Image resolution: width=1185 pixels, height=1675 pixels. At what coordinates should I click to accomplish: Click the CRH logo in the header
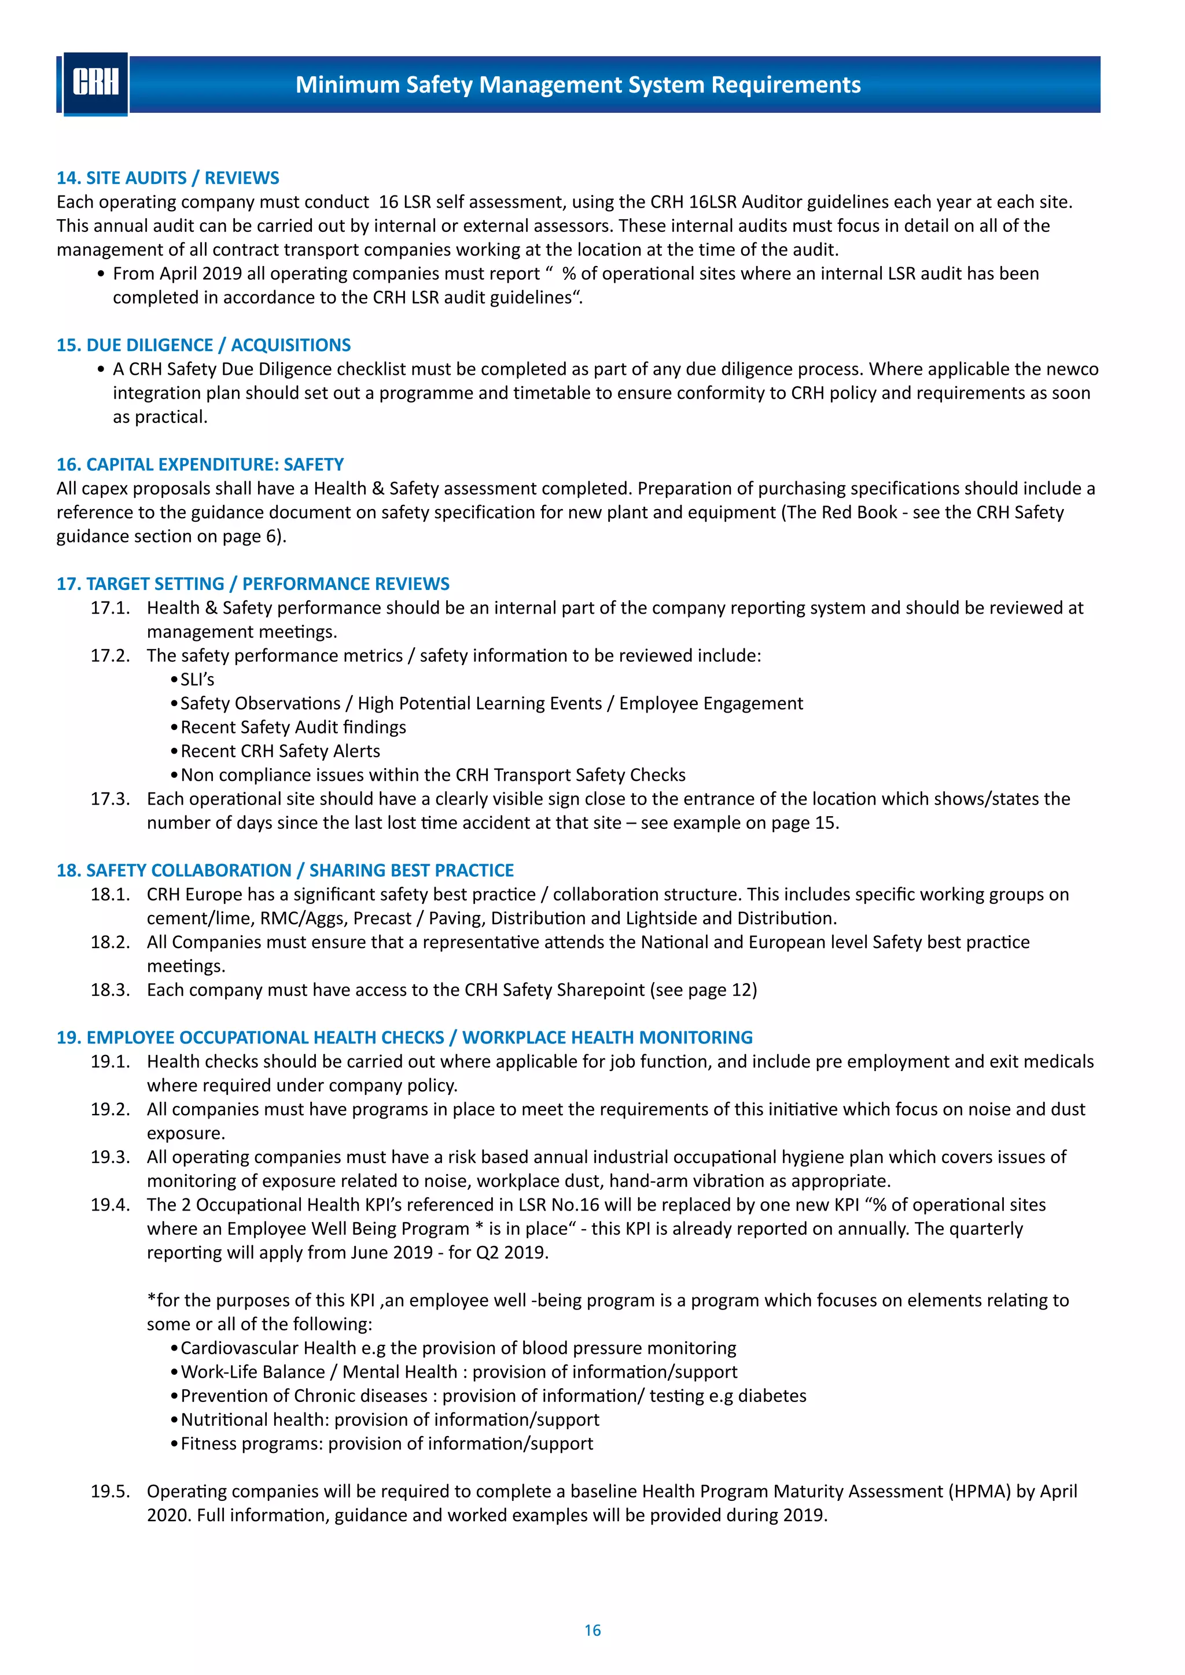coord(95,83)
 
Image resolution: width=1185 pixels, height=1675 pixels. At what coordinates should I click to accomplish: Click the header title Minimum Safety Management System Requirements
coord(577,84)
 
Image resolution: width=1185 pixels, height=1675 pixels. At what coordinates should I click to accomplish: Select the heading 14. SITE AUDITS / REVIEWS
coord(168,178)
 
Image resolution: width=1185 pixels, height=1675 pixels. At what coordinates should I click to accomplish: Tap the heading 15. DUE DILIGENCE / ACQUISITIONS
coord(204,345)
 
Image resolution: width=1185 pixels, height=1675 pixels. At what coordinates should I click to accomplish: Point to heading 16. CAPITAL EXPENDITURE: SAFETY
coord(200,464)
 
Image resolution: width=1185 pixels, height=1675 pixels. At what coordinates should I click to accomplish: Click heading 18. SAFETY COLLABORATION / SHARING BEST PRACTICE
coord(285,870)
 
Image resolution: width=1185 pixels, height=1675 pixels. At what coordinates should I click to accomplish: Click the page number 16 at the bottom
coord(592,1630)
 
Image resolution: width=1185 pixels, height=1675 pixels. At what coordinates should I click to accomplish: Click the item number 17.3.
coord(110,799)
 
